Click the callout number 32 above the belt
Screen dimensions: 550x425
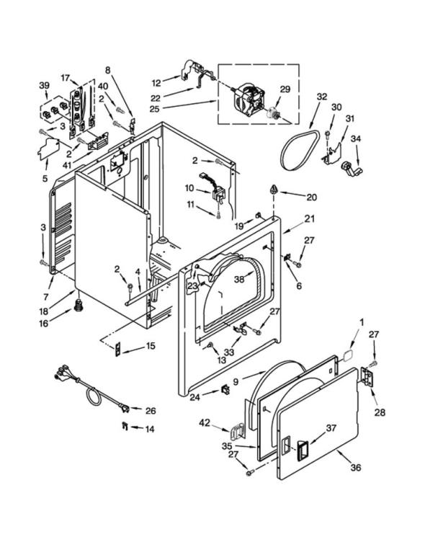click(322, 95)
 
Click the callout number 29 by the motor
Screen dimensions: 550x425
click(285, 89)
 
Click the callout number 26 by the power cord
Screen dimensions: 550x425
click(151, 411)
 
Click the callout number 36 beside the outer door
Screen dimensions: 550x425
click(355, 467)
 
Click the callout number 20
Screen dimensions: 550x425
click(311, 197)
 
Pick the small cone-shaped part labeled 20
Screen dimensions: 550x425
click(274, 189)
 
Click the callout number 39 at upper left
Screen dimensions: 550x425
click(44, 85)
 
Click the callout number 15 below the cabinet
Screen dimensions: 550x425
click(150, 347)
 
